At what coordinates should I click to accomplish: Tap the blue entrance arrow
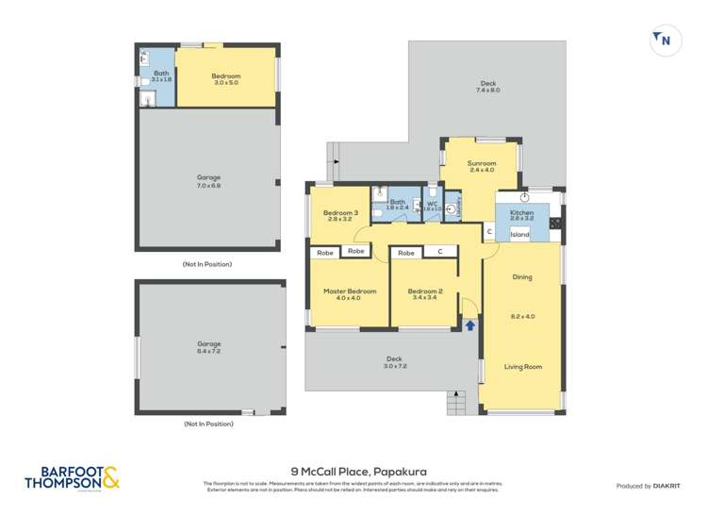(470, 325)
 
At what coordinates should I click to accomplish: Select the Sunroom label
(482, 163)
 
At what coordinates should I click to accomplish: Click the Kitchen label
(521, 213)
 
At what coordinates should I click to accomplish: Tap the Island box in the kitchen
(520, 234)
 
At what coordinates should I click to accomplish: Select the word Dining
(522, 277)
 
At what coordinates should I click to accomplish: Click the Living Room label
(522, 367)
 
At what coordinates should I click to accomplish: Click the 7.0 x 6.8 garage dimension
(208, 186)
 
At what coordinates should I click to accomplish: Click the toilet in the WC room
(452, 209)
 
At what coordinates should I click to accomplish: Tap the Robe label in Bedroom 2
(406, 253)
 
